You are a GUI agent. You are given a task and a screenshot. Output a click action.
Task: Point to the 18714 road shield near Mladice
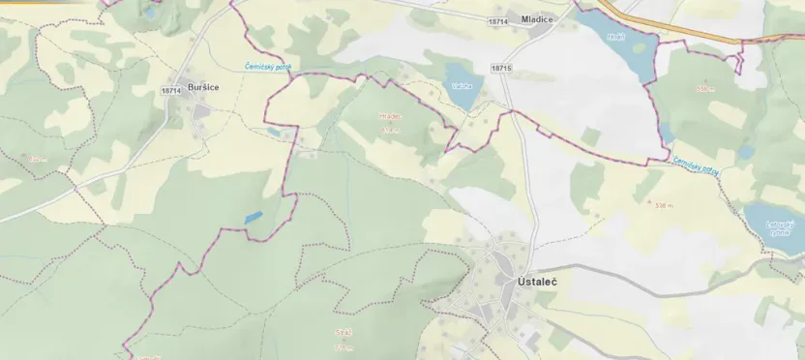tap(498, 21)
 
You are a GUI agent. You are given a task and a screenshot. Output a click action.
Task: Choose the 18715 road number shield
tap(500, 68)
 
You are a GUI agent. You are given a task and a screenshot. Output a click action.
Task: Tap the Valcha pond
tap(461, 85)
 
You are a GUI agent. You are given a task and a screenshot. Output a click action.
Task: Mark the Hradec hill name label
tap(390, 117)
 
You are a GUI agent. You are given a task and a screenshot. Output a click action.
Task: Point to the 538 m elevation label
tap(664, 206)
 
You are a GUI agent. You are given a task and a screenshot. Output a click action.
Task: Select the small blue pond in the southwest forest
tap(253, 219)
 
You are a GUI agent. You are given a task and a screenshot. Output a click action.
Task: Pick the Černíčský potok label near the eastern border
tap(696, 167)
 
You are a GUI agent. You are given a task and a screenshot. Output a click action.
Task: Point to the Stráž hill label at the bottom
tap(343, 332)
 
